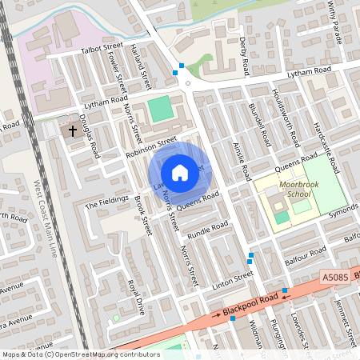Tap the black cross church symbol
(x=72, y=129)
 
